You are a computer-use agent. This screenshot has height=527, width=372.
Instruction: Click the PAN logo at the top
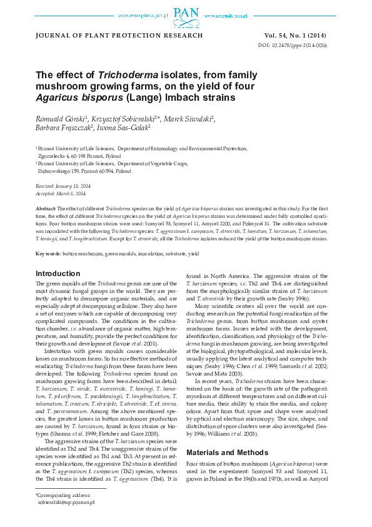(186, 13)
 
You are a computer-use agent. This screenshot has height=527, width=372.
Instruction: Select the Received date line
(63, 187)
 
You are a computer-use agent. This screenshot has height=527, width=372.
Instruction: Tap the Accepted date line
(61, 193)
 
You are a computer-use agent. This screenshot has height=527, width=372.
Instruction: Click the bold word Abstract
(46, 208)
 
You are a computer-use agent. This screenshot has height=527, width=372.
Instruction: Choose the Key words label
(48, 253)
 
